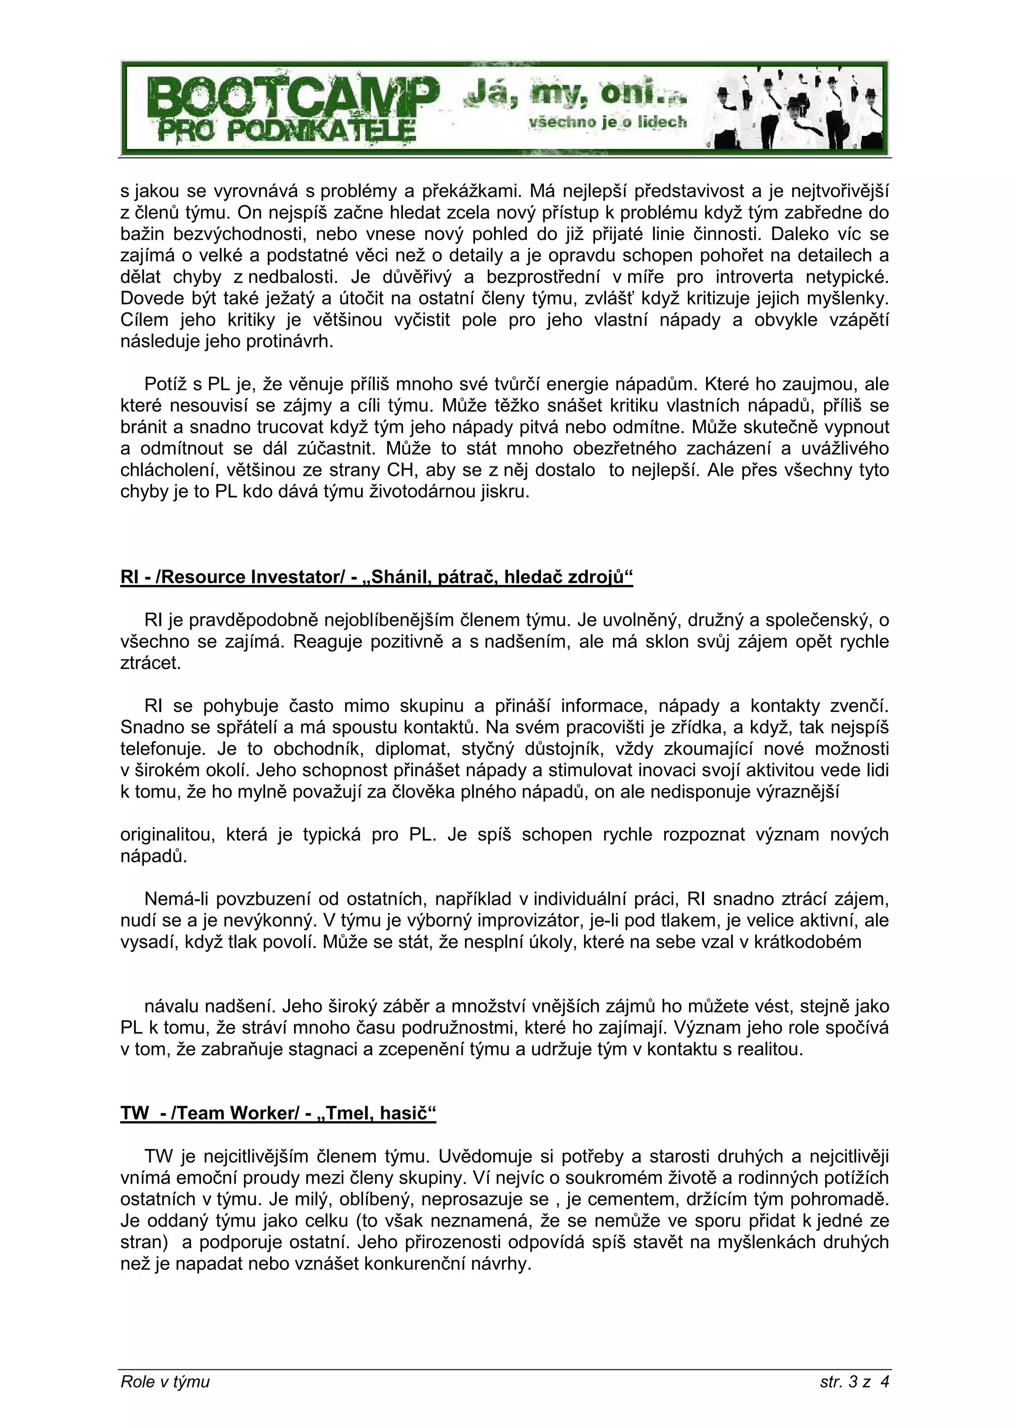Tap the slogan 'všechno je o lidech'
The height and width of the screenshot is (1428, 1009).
tap(607, 123)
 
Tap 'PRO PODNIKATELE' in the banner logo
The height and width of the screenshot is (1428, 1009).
tap(286, 131)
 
